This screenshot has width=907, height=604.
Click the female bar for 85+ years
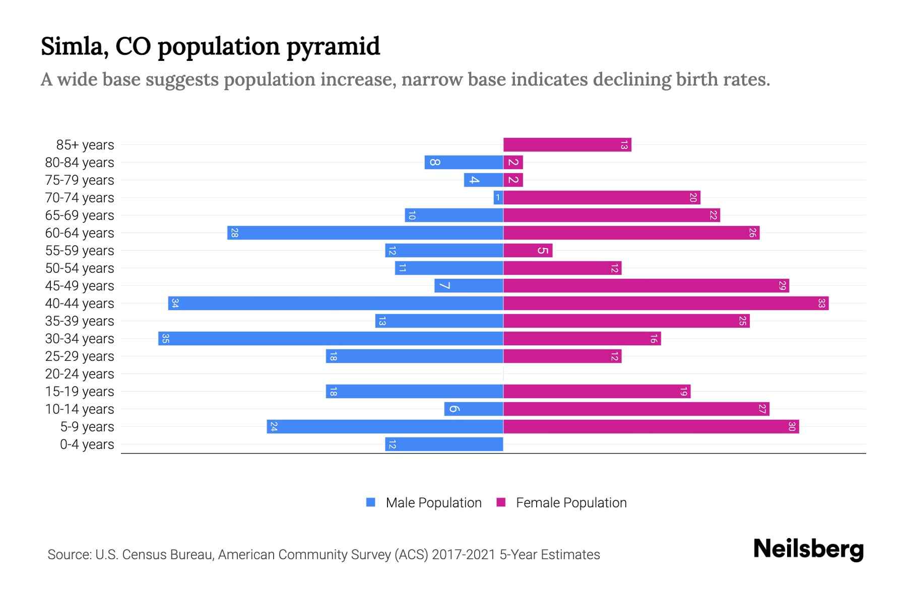[x=567, y=145]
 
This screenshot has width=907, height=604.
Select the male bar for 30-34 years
[x=331, y=339]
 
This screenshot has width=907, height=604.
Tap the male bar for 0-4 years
[x=444, y=444]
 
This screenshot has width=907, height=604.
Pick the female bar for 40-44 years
[x=666, y=304]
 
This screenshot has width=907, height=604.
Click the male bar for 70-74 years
[x=498, y=198]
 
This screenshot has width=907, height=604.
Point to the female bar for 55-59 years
[x=528, y=251]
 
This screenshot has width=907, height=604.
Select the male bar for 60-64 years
[x=365, y=233]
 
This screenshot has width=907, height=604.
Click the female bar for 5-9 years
[x=651, y=427]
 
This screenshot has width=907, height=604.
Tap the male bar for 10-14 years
[x=474, y=409]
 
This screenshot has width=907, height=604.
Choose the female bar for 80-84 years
[x=513, y=163]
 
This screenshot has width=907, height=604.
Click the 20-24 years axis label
[x=80, y=374]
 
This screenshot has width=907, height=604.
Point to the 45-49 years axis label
[x=80, y=286]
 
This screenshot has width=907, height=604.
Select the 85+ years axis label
[x=85, y=145]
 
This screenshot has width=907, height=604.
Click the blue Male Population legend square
[x=371, y=502]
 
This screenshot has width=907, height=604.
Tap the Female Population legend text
[x=571, y=503]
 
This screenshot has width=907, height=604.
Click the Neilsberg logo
[x=808, y=549]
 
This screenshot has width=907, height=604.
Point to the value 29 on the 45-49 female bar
[x=782, y=286]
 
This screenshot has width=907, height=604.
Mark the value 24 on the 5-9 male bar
[x=274, y=427]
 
